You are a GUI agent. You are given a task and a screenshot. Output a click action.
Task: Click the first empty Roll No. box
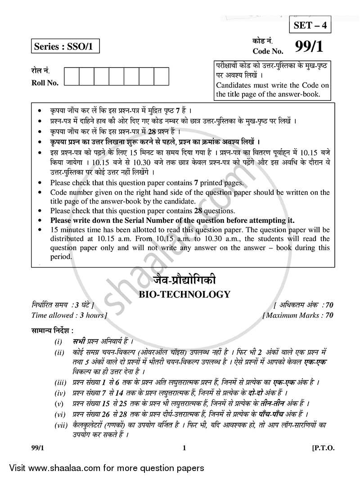pyautogui.click(x=72, y=76)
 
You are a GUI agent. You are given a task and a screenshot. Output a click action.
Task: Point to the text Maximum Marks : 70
pyautogui.click(x=297, y=315)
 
